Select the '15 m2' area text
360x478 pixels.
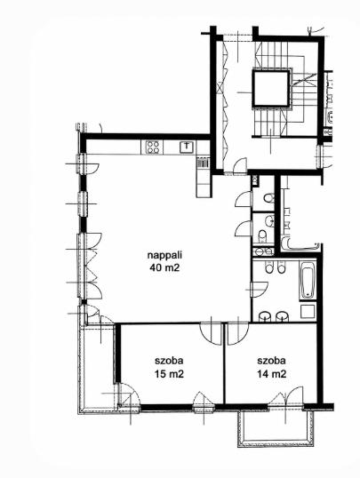tap(169, 374)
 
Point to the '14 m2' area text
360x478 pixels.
tap(271, 374)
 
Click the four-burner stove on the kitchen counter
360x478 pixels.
tap(152, 147)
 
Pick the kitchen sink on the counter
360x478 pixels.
tap(187, 147)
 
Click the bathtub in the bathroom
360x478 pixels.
tap(307, 280)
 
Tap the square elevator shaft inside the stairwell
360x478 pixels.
tap(270, 89)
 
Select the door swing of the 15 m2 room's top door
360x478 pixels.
tap(211, 334)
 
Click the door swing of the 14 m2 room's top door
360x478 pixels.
tap(238, 334)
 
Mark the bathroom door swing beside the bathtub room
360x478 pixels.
tap(260, 290)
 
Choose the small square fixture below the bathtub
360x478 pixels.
tap(308, 312)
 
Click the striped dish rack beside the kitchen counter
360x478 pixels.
tap(203, 163)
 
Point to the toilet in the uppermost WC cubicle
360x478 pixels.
tap(268, 199)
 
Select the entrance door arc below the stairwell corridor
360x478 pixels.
tap(240, 166)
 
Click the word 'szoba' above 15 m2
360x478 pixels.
tap(169, 361)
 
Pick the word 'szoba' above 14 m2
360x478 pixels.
tap(271, 361)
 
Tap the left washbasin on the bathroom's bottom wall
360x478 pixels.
tap(265, 316)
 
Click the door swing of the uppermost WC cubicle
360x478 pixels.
tap(244, 199)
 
